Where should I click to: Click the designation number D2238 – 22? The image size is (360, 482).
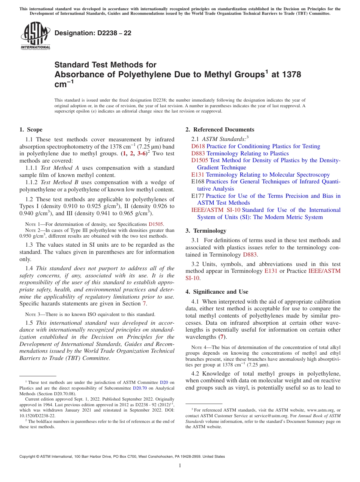93,33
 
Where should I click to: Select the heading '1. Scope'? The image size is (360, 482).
31,130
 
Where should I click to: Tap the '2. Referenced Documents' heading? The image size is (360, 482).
220,130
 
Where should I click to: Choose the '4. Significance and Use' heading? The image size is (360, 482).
217,292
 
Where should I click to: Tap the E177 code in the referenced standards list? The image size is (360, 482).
198,196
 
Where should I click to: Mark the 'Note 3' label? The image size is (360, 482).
32,315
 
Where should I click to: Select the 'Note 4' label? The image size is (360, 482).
199,347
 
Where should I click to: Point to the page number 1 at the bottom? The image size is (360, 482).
180,466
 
